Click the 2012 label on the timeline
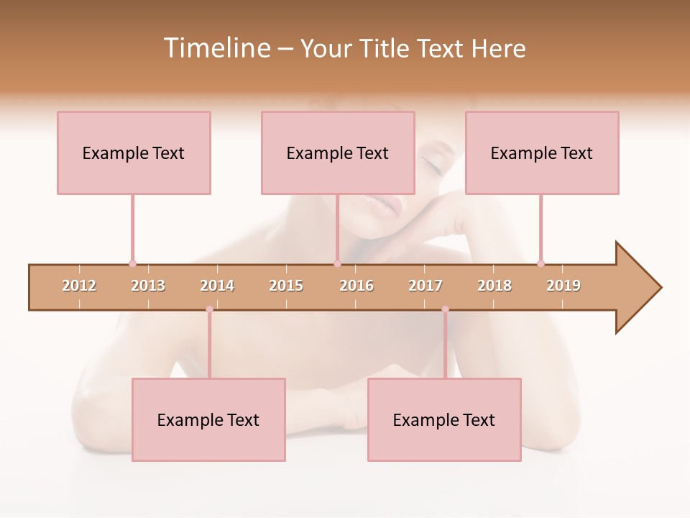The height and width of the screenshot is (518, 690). click(79, 286)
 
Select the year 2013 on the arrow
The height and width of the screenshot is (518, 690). click(148, 286)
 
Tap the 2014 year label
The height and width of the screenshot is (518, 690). click(217, 286)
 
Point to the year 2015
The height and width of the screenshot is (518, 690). click(286, 286)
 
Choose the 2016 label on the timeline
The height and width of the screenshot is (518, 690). click(356, 286)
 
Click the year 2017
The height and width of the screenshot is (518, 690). click(425, 286)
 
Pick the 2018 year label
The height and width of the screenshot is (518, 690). click(494, 286)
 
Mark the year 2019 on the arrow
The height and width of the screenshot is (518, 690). click(563, 286)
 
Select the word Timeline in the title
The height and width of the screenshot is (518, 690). click(216, 48)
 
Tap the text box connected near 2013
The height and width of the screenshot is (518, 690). click(134, 153)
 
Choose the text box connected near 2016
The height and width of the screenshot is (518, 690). click(338, 153)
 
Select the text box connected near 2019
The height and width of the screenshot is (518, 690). click(542, 153)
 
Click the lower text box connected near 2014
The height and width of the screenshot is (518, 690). click(208, 419)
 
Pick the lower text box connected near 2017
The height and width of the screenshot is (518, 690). click(444, 419)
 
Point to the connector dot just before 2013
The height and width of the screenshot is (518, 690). click(132, 263)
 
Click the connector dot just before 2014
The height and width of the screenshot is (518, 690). click(209, 309)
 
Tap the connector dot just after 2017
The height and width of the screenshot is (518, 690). click(445, 309)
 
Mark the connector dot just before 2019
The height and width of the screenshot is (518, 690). click(540, 263)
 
